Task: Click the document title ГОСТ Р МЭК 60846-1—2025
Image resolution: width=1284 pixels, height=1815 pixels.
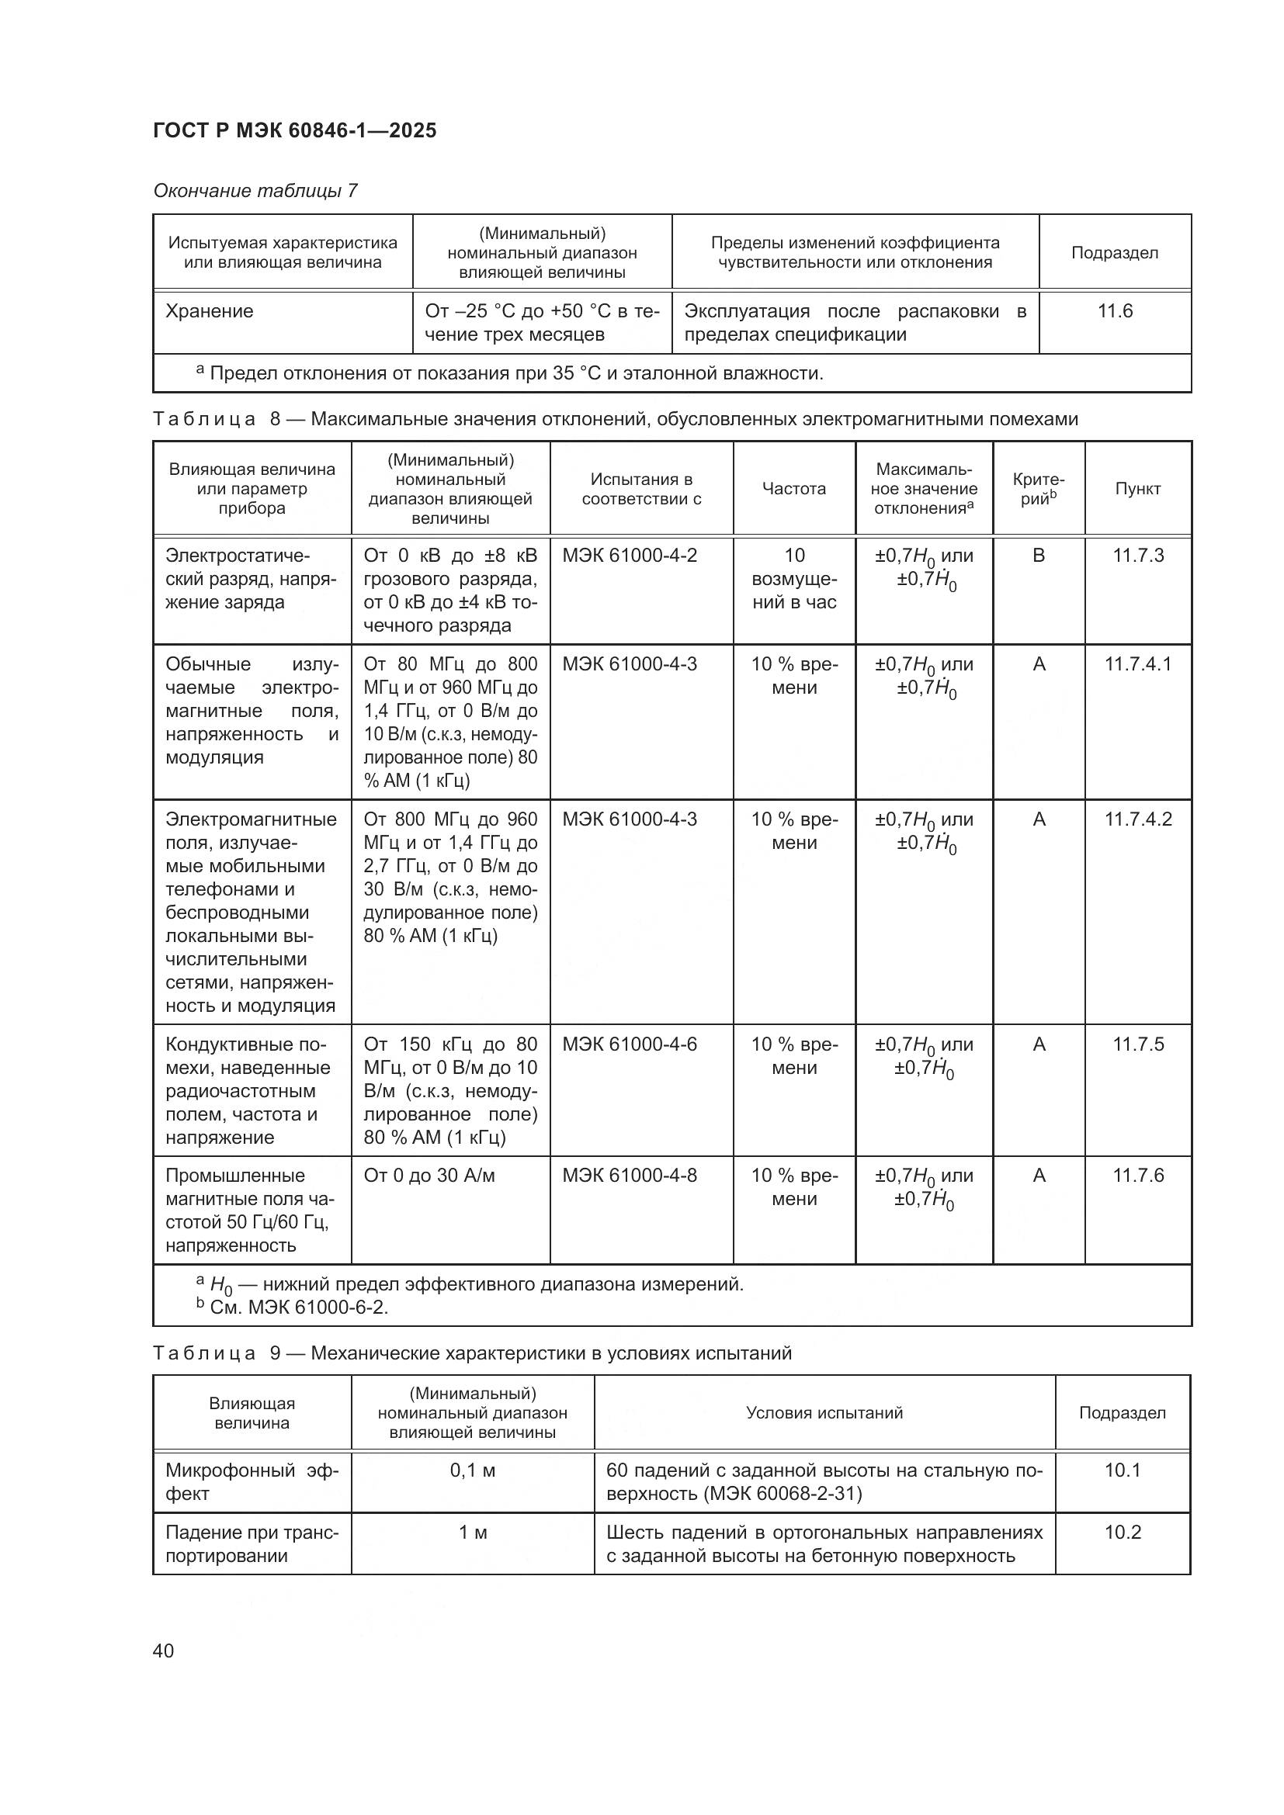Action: (294, 130)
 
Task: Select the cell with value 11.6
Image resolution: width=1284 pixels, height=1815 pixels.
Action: (1114, 311)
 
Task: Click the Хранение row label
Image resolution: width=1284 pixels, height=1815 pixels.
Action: (210, 311)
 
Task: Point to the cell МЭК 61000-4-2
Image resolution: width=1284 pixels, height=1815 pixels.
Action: (630, 556)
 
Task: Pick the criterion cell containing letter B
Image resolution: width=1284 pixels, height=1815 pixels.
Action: (1038, 556)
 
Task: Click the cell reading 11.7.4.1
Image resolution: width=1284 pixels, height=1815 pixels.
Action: (1137, 664)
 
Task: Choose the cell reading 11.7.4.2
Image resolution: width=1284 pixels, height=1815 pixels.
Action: (1137, 819)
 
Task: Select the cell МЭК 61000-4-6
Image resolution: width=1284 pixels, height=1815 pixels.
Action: (630, 1044)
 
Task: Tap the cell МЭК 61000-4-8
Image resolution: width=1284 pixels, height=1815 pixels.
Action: (630, 1176)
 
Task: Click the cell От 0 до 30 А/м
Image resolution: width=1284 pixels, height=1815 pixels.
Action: (429, 1176)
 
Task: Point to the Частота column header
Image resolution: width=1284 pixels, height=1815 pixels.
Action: (794, 489)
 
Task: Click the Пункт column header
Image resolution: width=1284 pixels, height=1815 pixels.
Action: (1137, 489)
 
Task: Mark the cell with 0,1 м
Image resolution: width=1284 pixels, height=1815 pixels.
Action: (472, 1470)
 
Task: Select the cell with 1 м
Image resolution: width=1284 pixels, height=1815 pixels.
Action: (472, 1533)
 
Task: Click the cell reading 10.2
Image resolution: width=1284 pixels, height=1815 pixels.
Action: (1122, 1533)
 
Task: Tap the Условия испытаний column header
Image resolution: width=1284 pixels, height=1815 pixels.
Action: (824, 1412)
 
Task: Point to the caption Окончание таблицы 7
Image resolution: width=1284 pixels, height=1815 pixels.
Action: (255, 191)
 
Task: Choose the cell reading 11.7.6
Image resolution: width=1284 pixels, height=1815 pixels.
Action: (1137, 1176)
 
